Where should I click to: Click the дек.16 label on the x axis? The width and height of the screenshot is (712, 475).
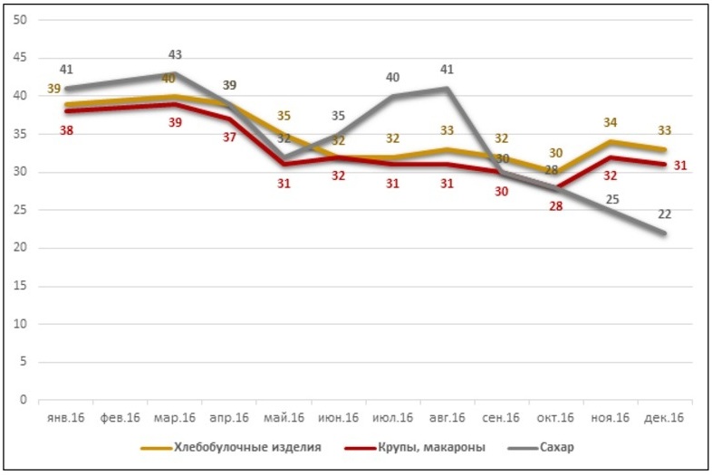tap(665, 418)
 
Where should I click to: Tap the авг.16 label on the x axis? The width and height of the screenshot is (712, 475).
tap(447, 418)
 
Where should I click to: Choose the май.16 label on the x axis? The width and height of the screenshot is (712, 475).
tap(284, 418)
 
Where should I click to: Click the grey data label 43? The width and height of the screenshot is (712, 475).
tap(175, 56)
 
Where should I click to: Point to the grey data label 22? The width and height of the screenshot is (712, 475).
tap(666, 214)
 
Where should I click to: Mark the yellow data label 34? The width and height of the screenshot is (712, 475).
tap(611, 122)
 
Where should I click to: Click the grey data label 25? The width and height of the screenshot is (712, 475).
tap(612, 199)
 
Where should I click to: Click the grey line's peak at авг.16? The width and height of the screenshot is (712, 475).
tap(447, 88)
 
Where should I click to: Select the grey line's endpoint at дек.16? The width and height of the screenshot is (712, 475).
tap(665, 233)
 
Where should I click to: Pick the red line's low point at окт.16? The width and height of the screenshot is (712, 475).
tap(556, 187)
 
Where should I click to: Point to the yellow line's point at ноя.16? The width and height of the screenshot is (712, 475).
tap(611, 141)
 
